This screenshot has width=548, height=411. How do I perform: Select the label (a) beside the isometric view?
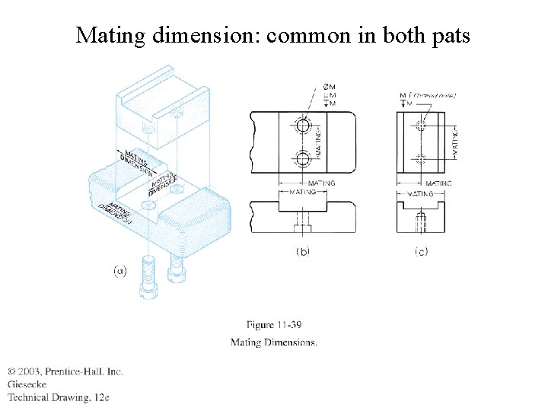click(119, 271)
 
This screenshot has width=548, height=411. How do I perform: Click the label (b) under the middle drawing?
click(302, 252)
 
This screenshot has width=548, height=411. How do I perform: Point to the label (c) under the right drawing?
click(421, 252)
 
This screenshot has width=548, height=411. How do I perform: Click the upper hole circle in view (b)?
click(304, 125)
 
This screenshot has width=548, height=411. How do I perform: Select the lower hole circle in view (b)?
click(304, 159)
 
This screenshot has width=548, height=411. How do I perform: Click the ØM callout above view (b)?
click(329, 88)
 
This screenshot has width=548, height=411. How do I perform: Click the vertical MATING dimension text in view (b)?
click(319, 142)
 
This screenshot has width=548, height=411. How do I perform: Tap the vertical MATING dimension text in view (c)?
click(454, 142)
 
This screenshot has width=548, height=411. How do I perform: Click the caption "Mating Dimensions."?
click(274, 342)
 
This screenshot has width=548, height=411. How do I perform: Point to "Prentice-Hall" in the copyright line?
click(75, 371)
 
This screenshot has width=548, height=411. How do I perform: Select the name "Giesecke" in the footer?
click(27, 384)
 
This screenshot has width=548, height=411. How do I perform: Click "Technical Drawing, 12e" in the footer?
click(59, 397)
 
